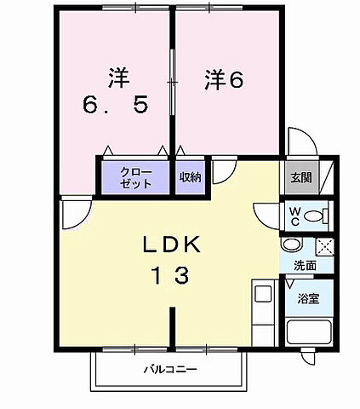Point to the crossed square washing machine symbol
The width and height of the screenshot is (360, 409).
click(x=323, y=247)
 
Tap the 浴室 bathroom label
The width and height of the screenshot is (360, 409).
click(x=306, y=300)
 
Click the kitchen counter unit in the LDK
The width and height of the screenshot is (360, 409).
click(x=263, y=312)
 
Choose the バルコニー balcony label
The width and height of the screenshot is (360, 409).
click(x=170, y=371)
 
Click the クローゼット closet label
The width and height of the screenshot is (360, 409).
click(x=135, y=177)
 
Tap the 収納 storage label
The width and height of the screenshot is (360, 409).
click(x=190, y=177)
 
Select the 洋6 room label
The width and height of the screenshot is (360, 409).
click(x=224, y=79)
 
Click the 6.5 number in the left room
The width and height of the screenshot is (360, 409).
click(x=117, y=105)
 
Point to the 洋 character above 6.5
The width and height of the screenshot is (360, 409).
click(x=117, y=76)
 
